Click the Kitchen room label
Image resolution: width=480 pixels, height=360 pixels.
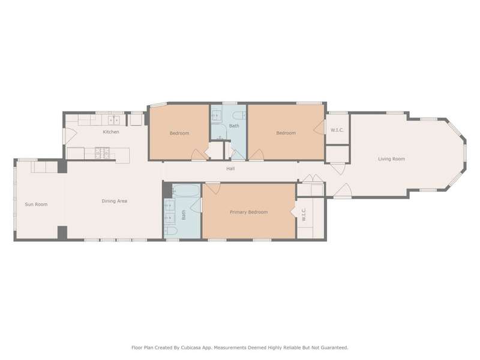pos(111,132)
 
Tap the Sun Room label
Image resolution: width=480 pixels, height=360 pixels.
pos(36,204)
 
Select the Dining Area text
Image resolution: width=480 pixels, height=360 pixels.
pos(114,201)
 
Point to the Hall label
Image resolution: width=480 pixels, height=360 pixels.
pos(230,169)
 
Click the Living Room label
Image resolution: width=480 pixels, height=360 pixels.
pos(391,159)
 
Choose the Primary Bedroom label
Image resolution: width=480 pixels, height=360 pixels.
pos(248,212)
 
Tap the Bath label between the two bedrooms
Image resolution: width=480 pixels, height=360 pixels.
pos(234,126)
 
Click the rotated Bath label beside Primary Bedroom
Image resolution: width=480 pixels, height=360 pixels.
pos(184,215)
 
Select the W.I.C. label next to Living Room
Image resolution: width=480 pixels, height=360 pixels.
pos(337,130)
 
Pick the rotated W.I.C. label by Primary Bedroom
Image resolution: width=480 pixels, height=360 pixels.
pos(304,214)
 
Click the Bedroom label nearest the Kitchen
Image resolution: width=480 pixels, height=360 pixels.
pos(179,133)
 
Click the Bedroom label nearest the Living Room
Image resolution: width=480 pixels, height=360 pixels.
pos(286,133)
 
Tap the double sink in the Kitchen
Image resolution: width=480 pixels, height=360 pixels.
pos(113,120)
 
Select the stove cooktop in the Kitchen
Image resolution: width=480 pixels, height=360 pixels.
pos(102,153)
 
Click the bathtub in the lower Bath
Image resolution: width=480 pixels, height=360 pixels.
pos(186,190)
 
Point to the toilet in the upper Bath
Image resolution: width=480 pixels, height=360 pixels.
pos(239,115)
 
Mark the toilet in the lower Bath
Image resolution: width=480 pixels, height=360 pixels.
pos(171,231)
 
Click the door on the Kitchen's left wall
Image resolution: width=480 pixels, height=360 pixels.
pos(69,136)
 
